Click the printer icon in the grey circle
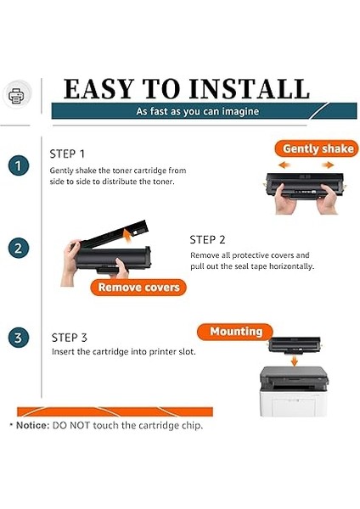(x=17, y=95)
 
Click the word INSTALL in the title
(x=249, y=89)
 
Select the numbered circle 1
(x=19, y=166)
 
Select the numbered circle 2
(x=19, y=249)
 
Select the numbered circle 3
(x=19, y=338)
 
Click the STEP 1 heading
(x=67, y=154)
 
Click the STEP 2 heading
(x=207, y=239)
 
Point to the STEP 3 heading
(x=70, y=338)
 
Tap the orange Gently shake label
(x=317, y=148)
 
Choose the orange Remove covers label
(x=138, y=288)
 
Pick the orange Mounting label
(x=235, y=332)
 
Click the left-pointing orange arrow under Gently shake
(x=284, y=165)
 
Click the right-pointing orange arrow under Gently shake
(x=328, y=165)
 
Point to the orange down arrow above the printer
(x=294, y=361)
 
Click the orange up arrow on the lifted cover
(x=127, y=235)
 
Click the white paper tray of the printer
(x=293, y=404)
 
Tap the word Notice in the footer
(x=32, y=425)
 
